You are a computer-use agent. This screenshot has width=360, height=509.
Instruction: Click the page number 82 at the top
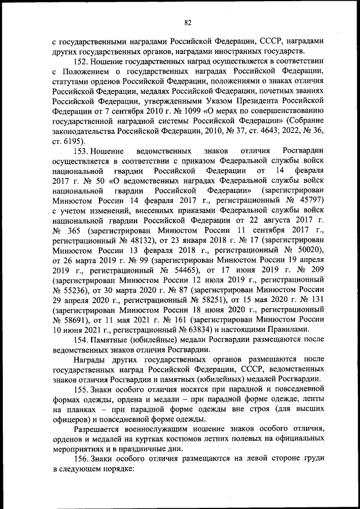(188, 22)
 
